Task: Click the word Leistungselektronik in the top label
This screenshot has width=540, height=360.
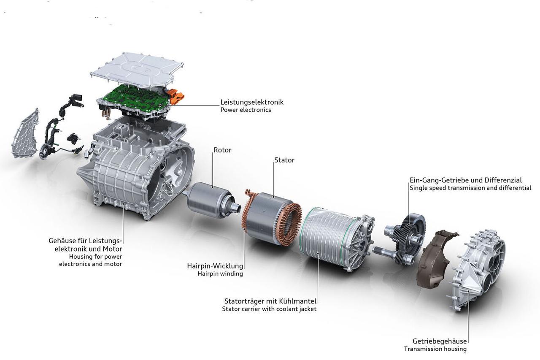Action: point(251,102)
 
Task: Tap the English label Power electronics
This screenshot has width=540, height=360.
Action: point(246,110)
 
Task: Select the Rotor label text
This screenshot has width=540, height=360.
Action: point(222,150)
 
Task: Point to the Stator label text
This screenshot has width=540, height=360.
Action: point(284,160)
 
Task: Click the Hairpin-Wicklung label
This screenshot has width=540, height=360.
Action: point(215,266)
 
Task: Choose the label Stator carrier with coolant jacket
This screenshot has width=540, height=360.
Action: point(269,309)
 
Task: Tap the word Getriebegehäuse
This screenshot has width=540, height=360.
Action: point(440,341)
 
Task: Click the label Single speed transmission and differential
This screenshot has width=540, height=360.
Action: point(470,188)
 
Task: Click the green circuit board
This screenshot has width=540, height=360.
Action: point(135,97)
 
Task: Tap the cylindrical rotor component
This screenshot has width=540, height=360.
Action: point(207,200)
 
